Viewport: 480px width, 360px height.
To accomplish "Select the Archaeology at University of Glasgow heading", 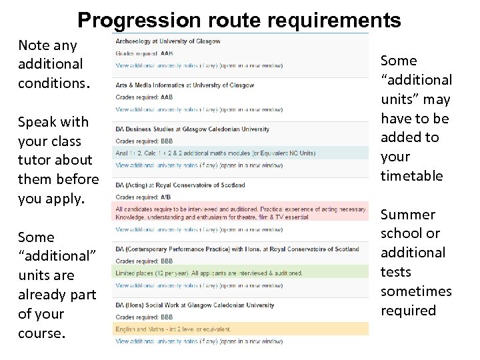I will tap(168, 41).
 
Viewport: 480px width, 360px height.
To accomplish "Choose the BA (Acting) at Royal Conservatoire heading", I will tap(180, 185).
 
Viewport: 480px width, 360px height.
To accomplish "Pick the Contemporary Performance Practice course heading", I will tap(237, 249).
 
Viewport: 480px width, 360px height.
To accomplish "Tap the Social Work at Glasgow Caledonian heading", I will tap(195, 305).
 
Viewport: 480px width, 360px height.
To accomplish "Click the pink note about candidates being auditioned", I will tap(241, 213).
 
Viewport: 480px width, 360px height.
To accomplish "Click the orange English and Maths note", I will tap(173, 329).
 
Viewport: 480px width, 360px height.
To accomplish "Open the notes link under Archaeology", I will tap(199, 65).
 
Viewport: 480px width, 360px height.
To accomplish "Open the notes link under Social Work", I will tap(199, 341).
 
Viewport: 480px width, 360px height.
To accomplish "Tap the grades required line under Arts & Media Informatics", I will tap(144, 97).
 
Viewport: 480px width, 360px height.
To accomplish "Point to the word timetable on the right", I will tap(411, 176).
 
